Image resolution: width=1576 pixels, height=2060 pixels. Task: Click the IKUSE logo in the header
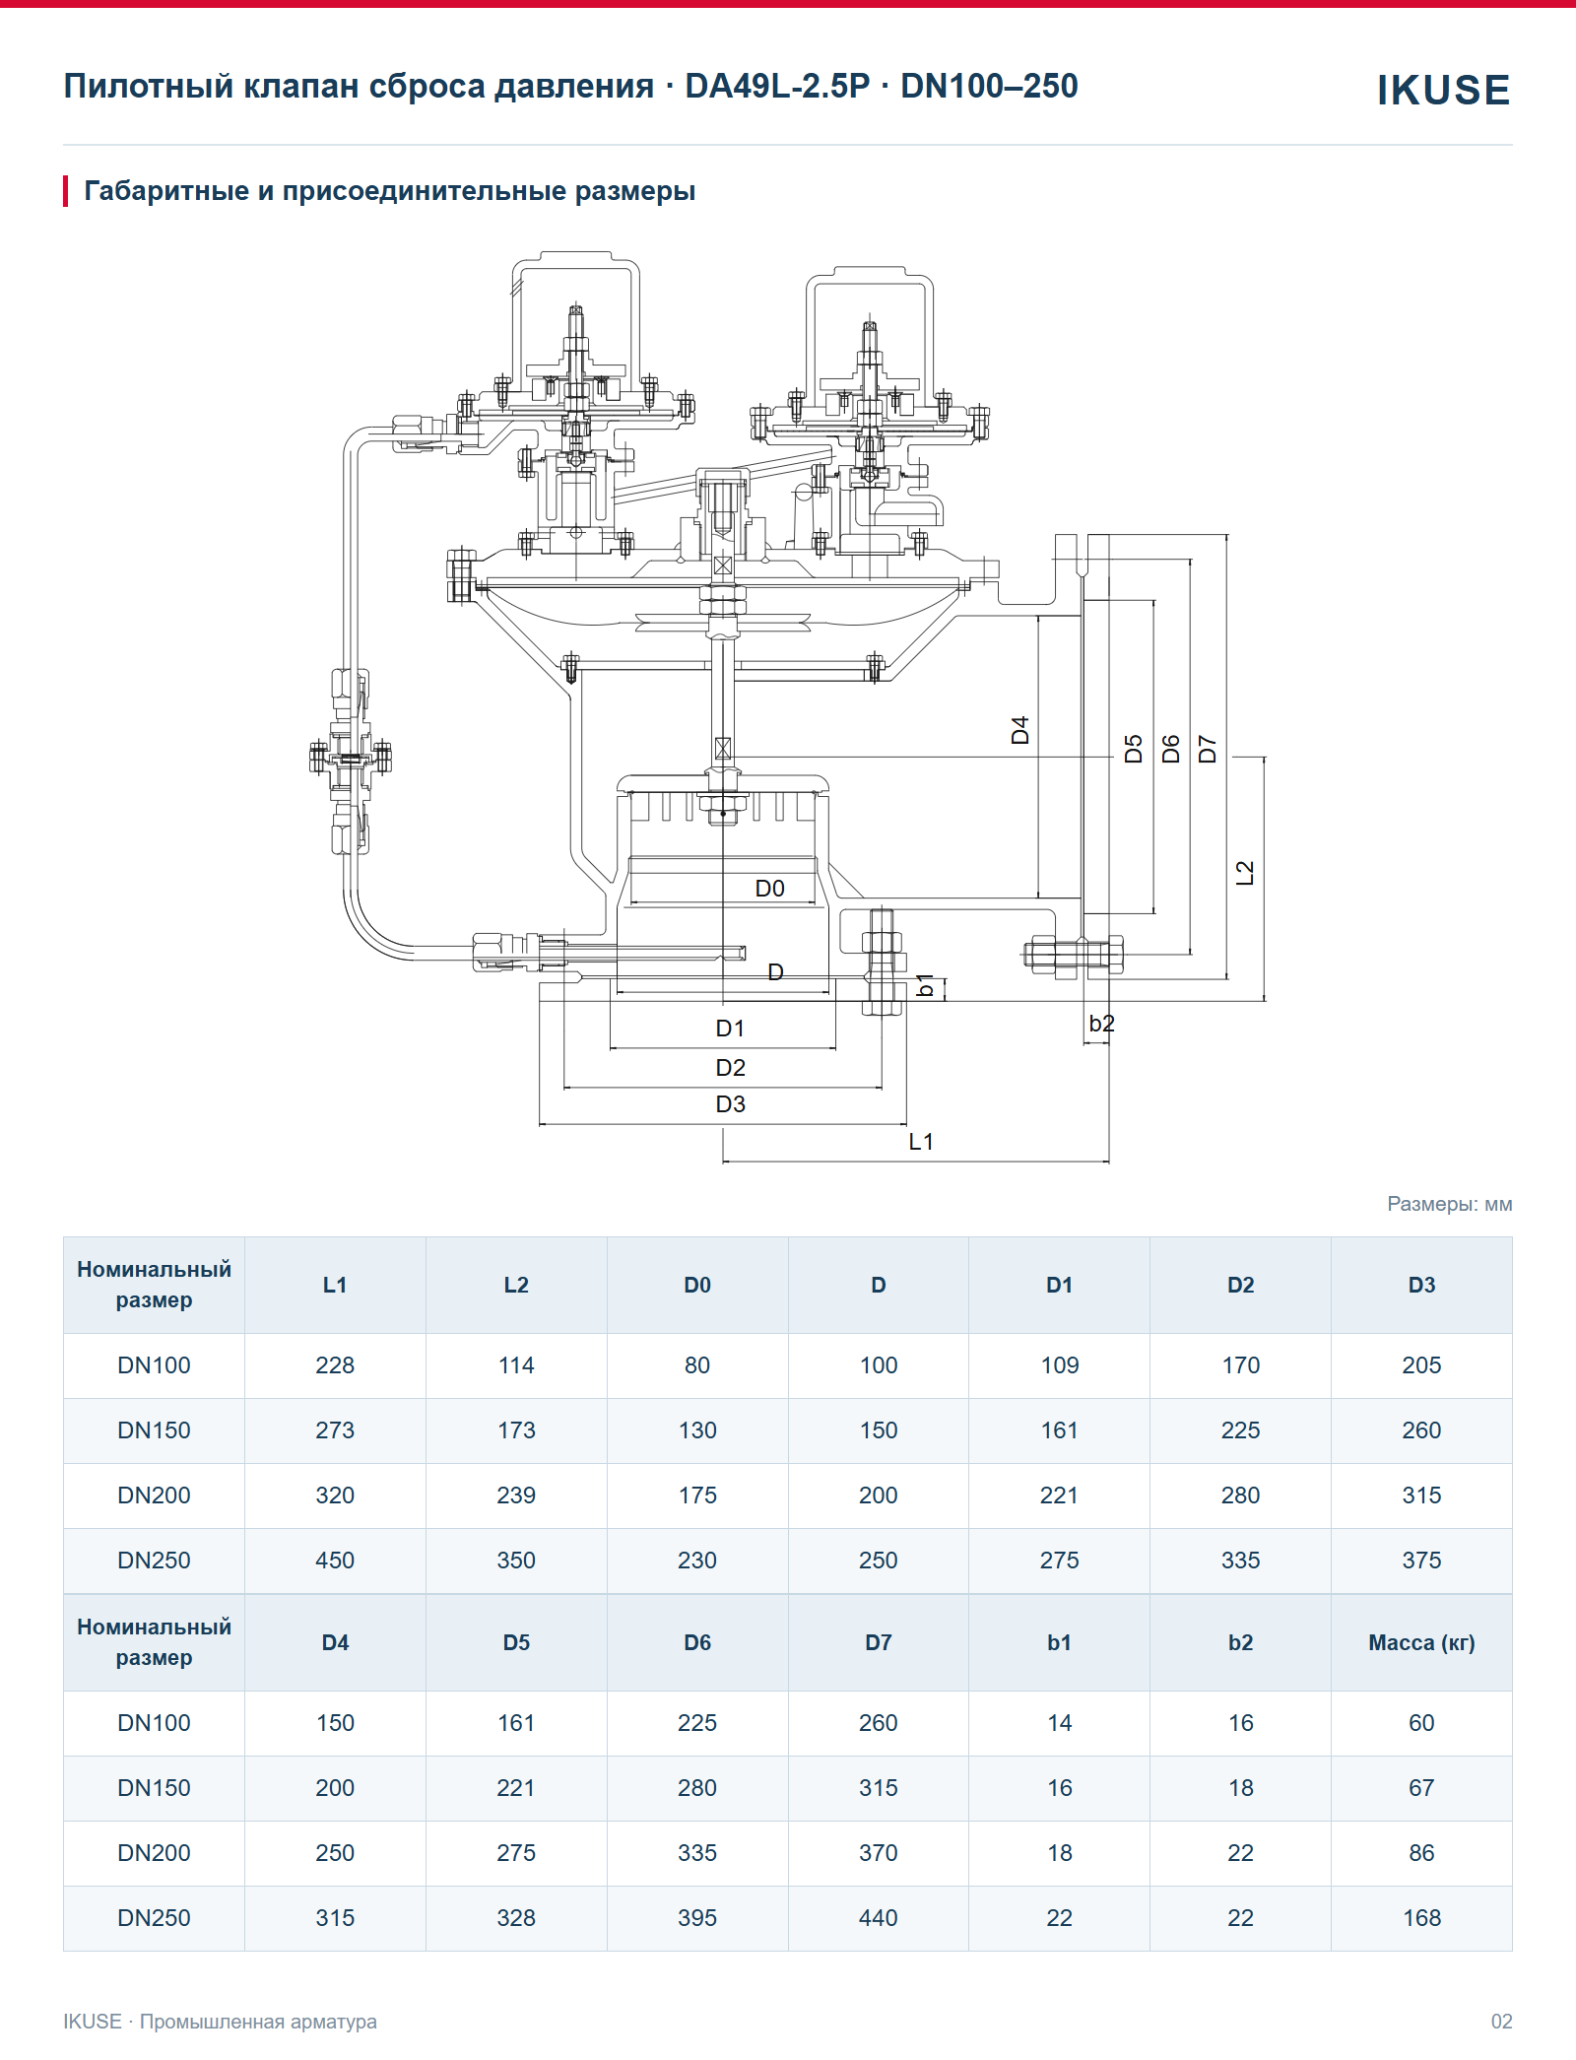pyautogui.click(x=1443, y=90)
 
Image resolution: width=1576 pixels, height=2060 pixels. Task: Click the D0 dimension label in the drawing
pyautogui.click(x=769, y=889)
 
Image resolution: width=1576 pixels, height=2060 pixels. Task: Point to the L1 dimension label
pyautogui.click(x=921, y=1142)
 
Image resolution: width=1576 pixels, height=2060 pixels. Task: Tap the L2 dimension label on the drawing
pyautogui.click(x=1245, y=873)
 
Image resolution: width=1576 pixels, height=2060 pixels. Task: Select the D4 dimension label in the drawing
pyautogui.click(x=1020, y=730)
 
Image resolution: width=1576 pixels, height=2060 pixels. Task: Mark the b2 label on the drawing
pyautogui.click(x=1101, y=1024)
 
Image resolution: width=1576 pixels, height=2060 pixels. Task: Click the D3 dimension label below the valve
pyautogui.click(x=731, y=1104)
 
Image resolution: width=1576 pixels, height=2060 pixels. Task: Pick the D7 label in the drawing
pyautogui.click(x=1208, y=749)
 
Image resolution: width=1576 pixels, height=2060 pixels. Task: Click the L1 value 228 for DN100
pyautogui.click(x=335, y=1365)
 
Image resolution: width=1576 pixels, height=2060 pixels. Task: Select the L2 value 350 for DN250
pyautogui.click(x=516, y=1561)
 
